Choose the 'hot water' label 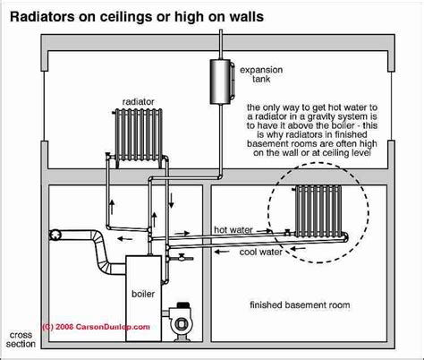pyautogui.click(x=233, y=229)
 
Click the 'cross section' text pyautogui.click(x=20, y=344)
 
